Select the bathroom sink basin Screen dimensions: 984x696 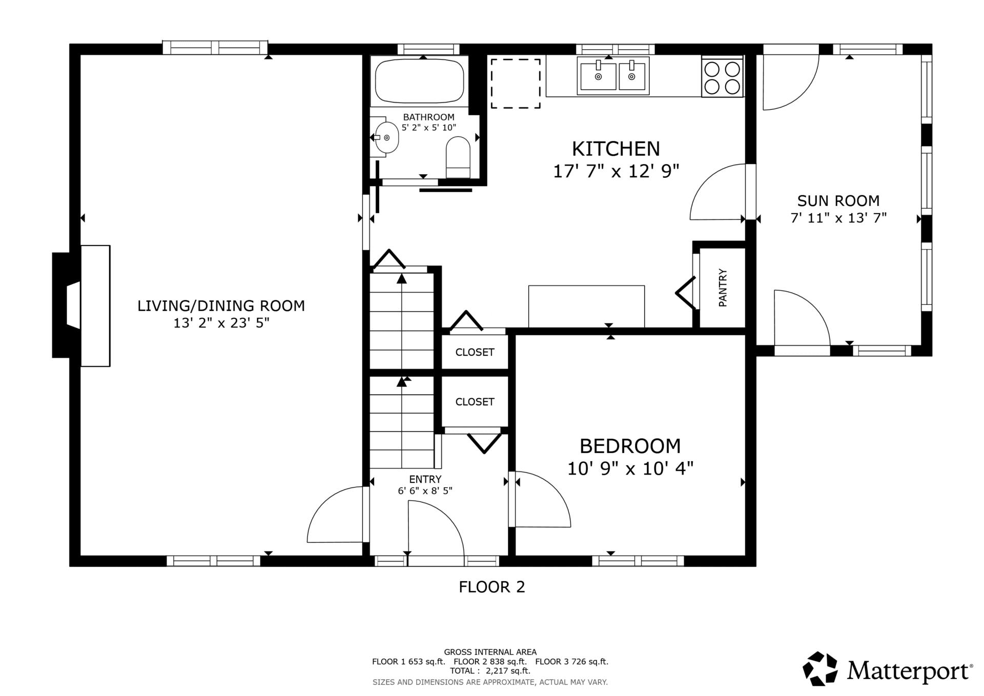386,137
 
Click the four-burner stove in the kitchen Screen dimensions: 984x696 722,77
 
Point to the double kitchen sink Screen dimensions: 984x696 613,76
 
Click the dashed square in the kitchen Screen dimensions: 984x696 516,84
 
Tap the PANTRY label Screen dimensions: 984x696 723,288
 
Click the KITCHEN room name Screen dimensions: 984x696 616,149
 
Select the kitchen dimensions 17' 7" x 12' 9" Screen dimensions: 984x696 616,171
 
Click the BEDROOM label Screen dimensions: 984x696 630,446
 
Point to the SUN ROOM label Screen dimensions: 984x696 838,200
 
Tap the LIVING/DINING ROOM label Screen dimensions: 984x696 221,306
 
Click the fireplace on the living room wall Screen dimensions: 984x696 81,305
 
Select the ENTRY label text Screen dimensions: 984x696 425,479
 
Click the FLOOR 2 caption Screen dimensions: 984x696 492,587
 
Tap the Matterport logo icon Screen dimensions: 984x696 820,668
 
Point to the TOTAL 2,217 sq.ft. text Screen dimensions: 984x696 490,671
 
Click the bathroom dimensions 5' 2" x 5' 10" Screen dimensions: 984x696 428,128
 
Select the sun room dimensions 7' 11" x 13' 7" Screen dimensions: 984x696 838,218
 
